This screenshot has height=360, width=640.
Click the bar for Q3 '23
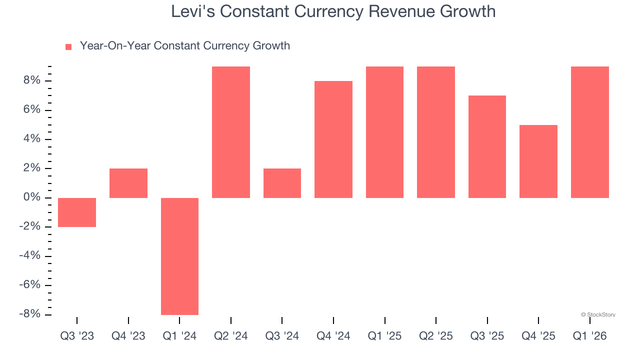click(x=77, y=212)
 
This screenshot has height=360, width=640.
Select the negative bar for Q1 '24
click(x=179, y=256)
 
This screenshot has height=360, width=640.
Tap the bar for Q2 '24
click(x=231, y=132)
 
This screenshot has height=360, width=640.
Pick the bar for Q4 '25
click(x=538, y=161)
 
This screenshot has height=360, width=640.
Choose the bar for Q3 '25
click(x=487, y=146)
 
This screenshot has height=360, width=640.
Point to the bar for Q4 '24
click(x=333, y=139)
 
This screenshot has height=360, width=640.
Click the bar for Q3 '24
click(x=282, y=183)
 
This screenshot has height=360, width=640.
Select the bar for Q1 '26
click(x=590, y=132)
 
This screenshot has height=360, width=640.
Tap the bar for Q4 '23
click(x=128, y=183)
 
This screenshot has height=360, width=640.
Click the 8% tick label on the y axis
click(x=30, y=81)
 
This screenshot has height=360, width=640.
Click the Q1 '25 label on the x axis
click(x=384, y=336)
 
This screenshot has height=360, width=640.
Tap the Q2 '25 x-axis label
click(x=436, y=336)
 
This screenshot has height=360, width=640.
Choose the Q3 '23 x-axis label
click(x=77, y=336)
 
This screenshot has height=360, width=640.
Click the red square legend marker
click(x=68, y=47)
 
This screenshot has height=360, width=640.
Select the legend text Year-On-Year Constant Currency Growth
click(x=184, y=46)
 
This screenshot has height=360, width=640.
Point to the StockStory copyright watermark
click(x=598, y=315)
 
